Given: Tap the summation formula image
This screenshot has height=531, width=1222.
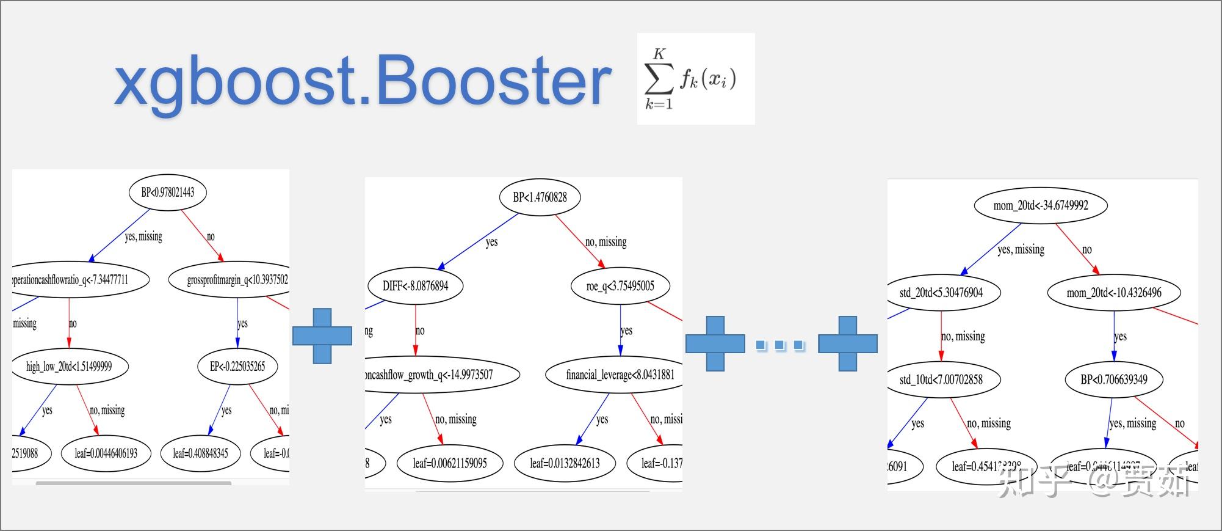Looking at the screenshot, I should [x=695, y=79].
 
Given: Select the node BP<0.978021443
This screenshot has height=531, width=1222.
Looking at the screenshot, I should [x=168, y=192].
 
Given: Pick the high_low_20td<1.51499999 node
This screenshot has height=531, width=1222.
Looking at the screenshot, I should [x=69, y=367].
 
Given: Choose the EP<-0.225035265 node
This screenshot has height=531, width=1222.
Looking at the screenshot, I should [x=237, y=367].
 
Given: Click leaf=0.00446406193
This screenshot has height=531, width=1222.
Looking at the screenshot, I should [x=106, y=453].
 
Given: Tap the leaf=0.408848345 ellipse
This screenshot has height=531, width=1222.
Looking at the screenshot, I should [x=200, y=453].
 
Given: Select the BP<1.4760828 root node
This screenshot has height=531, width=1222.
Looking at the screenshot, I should [x=540, y=197].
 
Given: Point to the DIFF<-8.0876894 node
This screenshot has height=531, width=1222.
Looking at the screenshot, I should [x=415, y=285].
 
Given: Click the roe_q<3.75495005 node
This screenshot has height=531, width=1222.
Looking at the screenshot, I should [x=620, y=285].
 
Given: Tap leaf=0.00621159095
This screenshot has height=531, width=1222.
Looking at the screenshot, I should [x=450, y=463].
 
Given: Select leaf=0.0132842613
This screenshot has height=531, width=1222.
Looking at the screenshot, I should [x=565, y=463].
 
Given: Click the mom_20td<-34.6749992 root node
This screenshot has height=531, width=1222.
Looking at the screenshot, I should [x=1041, y=205].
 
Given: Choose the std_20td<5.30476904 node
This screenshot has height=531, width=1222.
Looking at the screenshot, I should [x=941, y=293].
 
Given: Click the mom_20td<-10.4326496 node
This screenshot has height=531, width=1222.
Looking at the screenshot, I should [x=1114, y=293].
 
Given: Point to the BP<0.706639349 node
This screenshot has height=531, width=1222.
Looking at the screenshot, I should [x=1114, y=379].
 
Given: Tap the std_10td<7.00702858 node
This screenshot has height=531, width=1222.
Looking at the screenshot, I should [x=941, y=379].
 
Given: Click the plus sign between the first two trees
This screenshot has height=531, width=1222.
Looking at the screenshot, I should [x=322, y=336].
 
